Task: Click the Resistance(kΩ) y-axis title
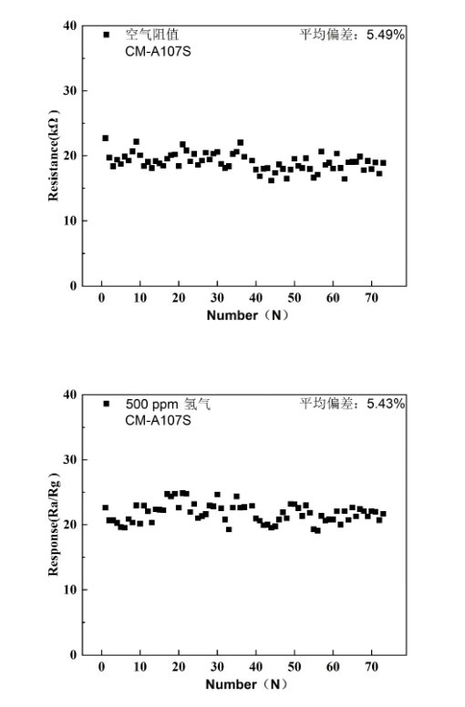[53, 155]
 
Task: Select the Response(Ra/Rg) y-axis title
[53, 524]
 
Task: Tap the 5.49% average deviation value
[385, 35]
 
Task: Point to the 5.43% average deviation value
[386, 404]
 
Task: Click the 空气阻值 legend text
[151, 35]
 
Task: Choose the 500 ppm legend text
[151, 404]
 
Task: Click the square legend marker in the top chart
[107, 35]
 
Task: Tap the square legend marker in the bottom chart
[107, 404]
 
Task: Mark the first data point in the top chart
[105, 138]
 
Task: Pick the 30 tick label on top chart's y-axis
[69, 90]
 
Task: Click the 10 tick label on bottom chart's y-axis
[69, 589]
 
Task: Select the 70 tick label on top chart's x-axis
[371, 298]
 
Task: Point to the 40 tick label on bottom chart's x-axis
[255, 667]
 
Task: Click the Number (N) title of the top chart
[247, 315]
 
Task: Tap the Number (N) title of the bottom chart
[246, 684]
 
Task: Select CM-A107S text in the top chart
[158, 52]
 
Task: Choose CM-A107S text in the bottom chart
[158, 421]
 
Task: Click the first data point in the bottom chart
[105, 507]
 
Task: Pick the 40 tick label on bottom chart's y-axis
[69, 394]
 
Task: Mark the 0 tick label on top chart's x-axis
[101, 298]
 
